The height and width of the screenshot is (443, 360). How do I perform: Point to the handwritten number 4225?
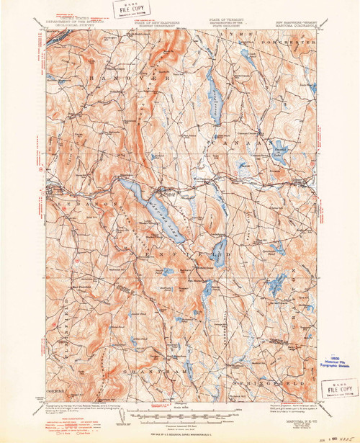coord(333,434)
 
